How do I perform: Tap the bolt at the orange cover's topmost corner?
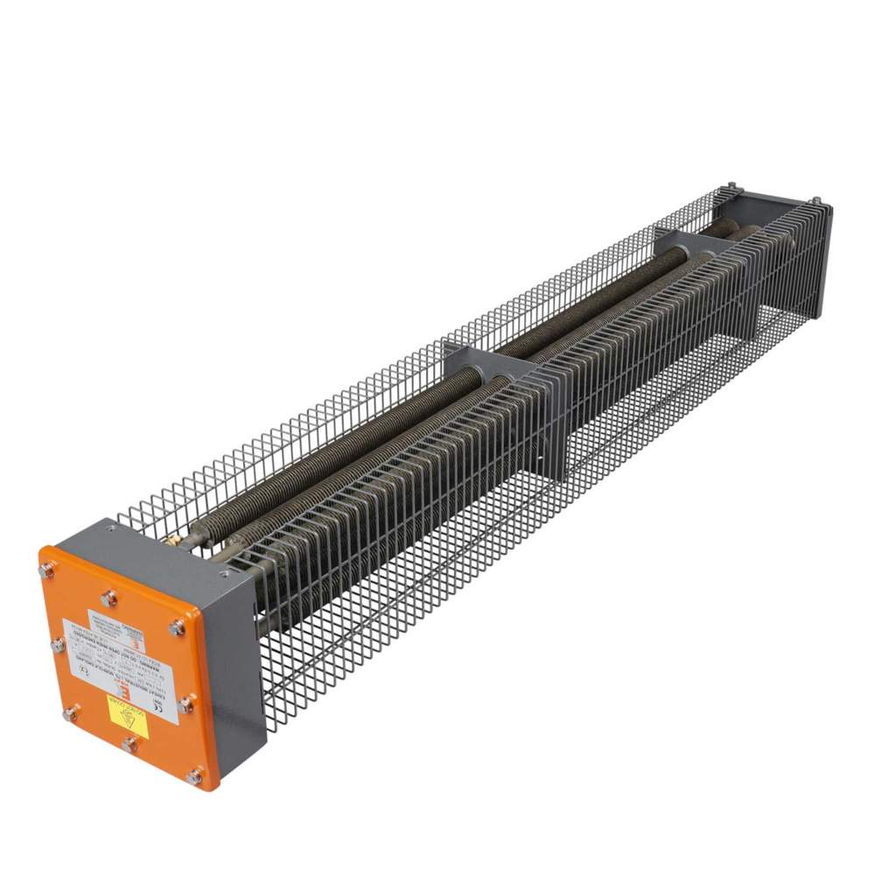click(45, 570)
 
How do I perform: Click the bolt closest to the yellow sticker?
click(129, 745)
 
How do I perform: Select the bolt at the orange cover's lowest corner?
click(193, 775)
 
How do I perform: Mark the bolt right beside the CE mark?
click(59, 645)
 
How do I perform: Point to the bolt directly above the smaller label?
click(109, 598)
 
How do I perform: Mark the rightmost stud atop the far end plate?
click(815, 201)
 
